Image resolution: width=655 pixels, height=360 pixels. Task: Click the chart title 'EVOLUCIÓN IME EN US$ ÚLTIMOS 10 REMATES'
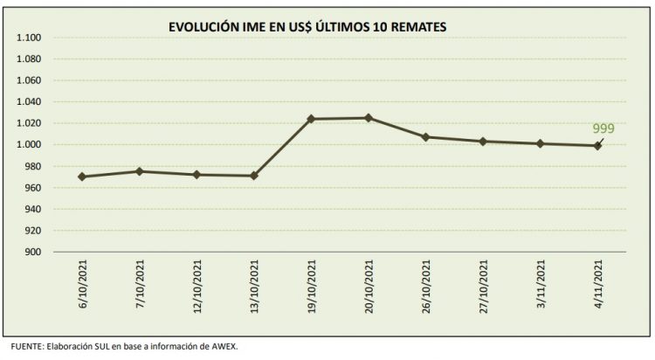click(x=307, y=28)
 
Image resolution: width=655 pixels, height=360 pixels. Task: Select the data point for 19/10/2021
click(x=313, y=119)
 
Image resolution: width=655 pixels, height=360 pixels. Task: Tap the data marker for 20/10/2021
click(x=369, y=118)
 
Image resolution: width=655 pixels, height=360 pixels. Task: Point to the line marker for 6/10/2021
click(x=81, y=177)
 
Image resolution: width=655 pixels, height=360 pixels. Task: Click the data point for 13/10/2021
click(x=254, y=176)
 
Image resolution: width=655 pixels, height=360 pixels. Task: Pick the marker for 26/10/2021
click(x=426, y=137)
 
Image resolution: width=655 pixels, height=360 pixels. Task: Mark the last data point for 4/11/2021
click(x=598, y=146)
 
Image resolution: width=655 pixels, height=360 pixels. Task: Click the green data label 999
click(x=603, y=128)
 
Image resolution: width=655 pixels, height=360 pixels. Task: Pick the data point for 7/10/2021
click(x=140, y=171)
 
